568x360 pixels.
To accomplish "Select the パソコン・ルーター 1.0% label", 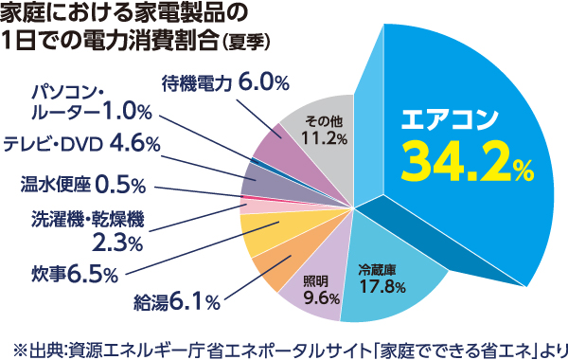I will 91,101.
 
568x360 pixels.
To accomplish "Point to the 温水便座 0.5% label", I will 81,182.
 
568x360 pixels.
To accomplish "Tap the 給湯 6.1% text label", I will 177,302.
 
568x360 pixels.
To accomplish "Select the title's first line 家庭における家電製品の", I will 124,13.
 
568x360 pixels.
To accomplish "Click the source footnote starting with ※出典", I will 284,343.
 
